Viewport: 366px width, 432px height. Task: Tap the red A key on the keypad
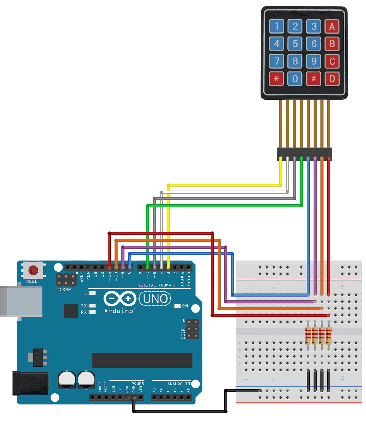click(x=332, y=26)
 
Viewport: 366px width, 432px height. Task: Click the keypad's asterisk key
click(x=276, y=79)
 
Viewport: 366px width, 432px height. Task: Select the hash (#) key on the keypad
click(x=314, y=79)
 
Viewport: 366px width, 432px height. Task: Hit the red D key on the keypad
click(x=332, y=79)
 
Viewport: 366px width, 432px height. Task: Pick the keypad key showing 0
click(x=295, y=79)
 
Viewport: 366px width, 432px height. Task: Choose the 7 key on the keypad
click(x=276, y=61)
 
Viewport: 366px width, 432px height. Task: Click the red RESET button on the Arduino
click(x=33, y=270)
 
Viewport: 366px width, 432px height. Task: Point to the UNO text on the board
click(x=155, y=299)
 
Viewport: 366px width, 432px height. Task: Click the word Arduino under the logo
click(x=119, y=311)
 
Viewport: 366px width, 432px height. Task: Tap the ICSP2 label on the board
click(x=64, y=290)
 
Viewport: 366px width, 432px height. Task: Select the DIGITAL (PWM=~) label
click(x=157, y=285)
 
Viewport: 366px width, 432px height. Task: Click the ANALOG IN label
click(x=179, y=384)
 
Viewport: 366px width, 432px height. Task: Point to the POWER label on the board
click(x=138, y=384)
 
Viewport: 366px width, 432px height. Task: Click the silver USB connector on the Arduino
click(x=22, y=301)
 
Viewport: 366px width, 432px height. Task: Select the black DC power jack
click(x=31, y=383)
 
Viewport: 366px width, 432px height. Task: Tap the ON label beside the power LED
click(x=185, y=306)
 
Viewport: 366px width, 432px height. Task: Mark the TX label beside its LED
click(x=84, y=306)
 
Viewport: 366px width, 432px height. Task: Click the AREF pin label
click(x=82, y=277)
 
